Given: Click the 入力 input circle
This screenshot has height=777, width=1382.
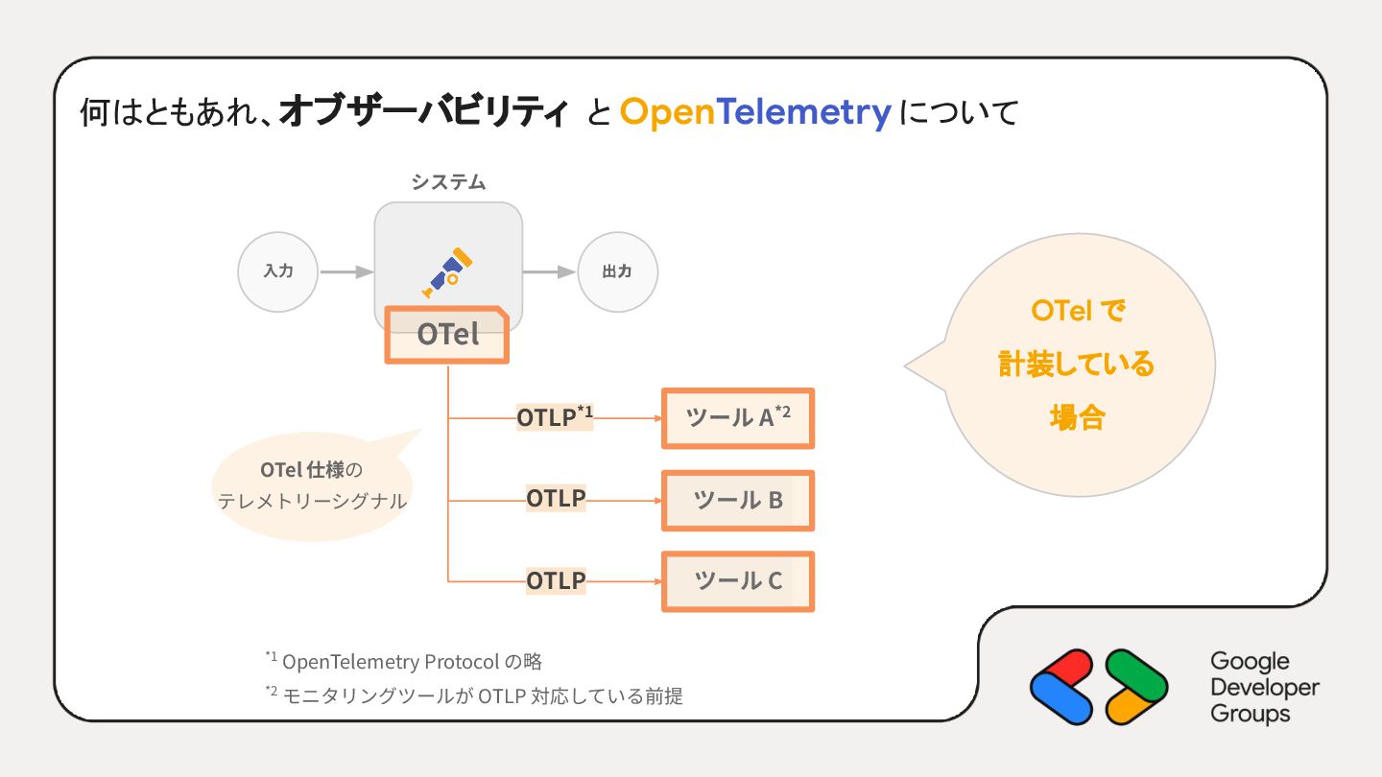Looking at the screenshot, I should [277, 271].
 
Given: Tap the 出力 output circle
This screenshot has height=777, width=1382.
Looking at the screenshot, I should [617, 271].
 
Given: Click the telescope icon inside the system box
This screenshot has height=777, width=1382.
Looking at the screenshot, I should [448, 272].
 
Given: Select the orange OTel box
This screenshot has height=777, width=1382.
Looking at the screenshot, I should [447, 335].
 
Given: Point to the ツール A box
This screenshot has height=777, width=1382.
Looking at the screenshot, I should [737, 417].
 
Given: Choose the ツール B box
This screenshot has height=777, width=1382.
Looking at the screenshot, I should [737, 500].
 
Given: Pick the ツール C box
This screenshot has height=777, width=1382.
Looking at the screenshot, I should [737, 581].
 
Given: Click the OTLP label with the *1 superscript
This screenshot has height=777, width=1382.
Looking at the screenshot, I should [555, 417].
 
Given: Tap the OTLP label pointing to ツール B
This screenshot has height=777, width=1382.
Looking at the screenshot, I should [556, 500].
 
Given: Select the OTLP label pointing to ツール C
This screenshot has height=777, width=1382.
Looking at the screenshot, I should [556, 581].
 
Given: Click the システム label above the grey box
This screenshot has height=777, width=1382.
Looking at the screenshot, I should [448, 182].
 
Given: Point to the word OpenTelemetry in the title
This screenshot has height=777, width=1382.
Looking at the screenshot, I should [756, 113].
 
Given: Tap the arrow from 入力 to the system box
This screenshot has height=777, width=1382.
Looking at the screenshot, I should [345, 272].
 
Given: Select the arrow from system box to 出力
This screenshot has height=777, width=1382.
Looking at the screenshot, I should [550, 272].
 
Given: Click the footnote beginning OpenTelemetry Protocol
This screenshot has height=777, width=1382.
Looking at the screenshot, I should [404, 661].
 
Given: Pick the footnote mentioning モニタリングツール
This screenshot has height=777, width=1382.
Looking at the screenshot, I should [474, 695].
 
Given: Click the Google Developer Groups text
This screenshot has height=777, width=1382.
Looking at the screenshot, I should [1264, 687].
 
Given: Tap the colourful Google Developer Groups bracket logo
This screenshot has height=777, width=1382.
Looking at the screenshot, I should [1099, 687].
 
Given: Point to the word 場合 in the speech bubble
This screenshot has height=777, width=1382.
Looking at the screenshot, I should [1077, 418].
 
